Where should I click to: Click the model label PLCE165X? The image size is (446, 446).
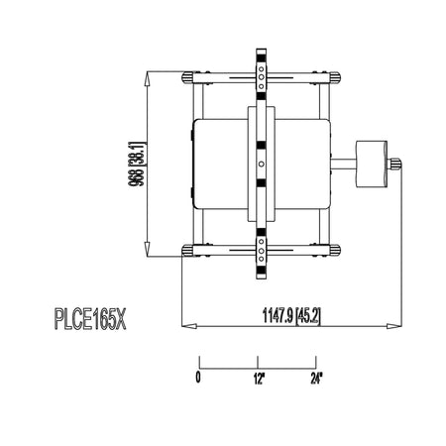[x=90, y=319]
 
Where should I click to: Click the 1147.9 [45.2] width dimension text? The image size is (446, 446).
[x=291, y=316]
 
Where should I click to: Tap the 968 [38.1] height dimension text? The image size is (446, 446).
[x=137, y=165]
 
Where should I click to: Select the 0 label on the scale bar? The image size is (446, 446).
[x=198, y=377]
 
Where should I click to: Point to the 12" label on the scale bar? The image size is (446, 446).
[x=260, y=379]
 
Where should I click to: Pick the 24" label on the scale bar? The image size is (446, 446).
[x=316, y=379]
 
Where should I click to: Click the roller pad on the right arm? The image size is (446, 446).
[x=372, y=165]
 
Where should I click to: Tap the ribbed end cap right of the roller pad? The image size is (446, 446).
[x=394, y=164]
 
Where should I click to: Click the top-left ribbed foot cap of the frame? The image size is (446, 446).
[x=187, y=77]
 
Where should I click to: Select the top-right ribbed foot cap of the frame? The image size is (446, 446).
[x=335, y=77]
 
